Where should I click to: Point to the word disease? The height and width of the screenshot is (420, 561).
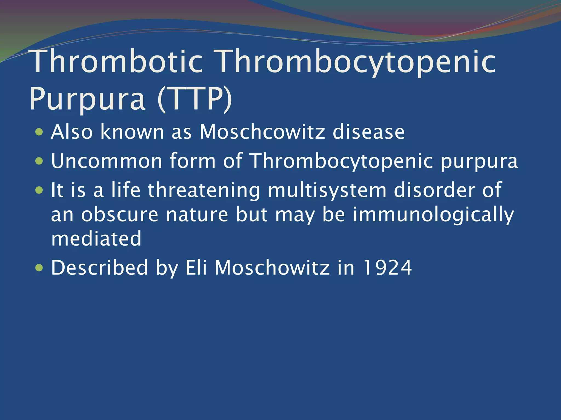click(x=368, y=132)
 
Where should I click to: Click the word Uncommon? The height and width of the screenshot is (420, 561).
click(x=107, y=161)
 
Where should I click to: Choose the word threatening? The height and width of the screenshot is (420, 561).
click(x=204, y=191)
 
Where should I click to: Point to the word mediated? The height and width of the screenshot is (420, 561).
click(x=96, y=239)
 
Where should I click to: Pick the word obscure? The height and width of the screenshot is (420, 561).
click(x=120, y=215)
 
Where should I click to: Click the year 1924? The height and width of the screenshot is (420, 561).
click(x=387, y=268)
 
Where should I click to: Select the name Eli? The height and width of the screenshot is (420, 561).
click(x=196, y=268)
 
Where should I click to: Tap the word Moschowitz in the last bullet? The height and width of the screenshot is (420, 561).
click(x=272, y=268)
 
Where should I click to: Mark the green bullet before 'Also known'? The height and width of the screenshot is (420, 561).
click(x=39, y=132)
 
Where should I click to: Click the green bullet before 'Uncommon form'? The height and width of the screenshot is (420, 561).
click(x=39, y=161)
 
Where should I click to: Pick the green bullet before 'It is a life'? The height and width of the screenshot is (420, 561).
click(x=39, y=190)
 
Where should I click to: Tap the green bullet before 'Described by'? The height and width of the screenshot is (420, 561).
click(x=39, y=268)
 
